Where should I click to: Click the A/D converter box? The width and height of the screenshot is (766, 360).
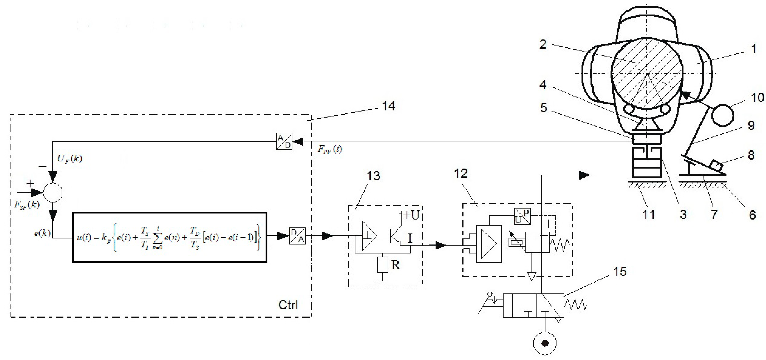tap(284, 141)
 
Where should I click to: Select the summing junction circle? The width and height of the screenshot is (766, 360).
tap(53, 192)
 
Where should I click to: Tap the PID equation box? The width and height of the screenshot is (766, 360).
tap(170, 237)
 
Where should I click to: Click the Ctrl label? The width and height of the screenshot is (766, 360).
tap(288, 305)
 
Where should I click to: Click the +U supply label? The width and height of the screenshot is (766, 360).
tap(411, 215)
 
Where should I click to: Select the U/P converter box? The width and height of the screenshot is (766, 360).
tap(522, 216)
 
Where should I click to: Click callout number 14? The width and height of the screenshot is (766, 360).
tap(388, 106)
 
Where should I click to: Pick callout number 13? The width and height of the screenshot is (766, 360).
tap(373, 176)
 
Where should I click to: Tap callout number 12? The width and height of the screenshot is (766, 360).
tap(461, 174)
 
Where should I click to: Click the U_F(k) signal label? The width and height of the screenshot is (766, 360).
tap(69, 159)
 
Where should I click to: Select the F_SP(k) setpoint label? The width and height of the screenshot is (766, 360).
tap(27, 205)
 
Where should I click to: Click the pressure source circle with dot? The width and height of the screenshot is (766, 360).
tap(545, 344)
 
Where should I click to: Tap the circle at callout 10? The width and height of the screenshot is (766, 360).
tap(723, 115)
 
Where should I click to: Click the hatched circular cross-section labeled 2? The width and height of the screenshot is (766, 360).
tap(646, 73)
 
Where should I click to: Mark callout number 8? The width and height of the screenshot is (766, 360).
tap(751, 155)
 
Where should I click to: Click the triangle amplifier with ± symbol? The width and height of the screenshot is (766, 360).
tap(369, 236)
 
